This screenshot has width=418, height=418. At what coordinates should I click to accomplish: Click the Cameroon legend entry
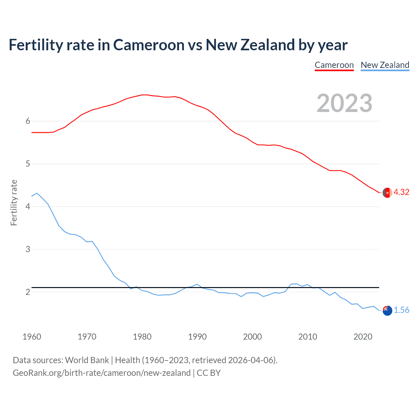tap(334, 65)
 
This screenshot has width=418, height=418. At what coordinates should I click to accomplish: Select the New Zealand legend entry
tap(385, 65)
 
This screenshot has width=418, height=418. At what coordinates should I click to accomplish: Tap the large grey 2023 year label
tap(345, 103)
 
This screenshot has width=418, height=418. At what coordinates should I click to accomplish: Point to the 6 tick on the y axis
tap(28, 121)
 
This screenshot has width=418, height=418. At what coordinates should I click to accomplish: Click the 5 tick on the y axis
tap(28, 164)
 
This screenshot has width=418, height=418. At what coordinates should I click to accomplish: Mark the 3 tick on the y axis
tap(28, 249)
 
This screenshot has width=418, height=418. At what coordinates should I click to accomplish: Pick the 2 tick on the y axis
tap(28, 292)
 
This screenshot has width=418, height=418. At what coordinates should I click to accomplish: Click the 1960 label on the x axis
tap(32, 337)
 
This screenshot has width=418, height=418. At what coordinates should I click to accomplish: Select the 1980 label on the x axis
tap(142, 337)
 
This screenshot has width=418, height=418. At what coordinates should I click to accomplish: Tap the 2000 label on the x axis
tap(252, 337)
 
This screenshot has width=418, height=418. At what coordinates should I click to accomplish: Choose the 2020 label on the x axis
tap(363, 337)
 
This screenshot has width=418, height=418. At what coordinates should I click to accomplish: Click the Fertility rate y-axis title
tap(14, 202)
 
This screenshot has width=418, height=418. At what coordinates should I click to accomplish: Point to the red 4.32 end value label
tap(401, 192)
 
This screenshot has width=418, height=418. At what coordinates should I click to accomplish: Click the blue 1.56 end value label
tap(401, 310)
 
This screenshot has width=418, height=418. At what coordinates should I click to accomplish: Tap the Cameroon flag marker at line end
tap(387, 193)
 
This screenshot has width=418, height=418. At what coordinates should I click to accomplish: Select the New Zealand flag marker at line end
tap(387, 311)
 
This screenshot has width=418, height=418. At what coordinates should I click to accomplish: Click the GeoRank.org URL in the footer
tap(102, 373)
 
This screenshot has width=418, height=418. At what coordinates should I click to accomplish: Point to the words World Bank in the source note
tap(87, 360)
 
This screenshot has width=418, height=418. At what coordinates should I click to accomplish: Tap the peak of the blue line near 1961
tap(37, 193)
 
